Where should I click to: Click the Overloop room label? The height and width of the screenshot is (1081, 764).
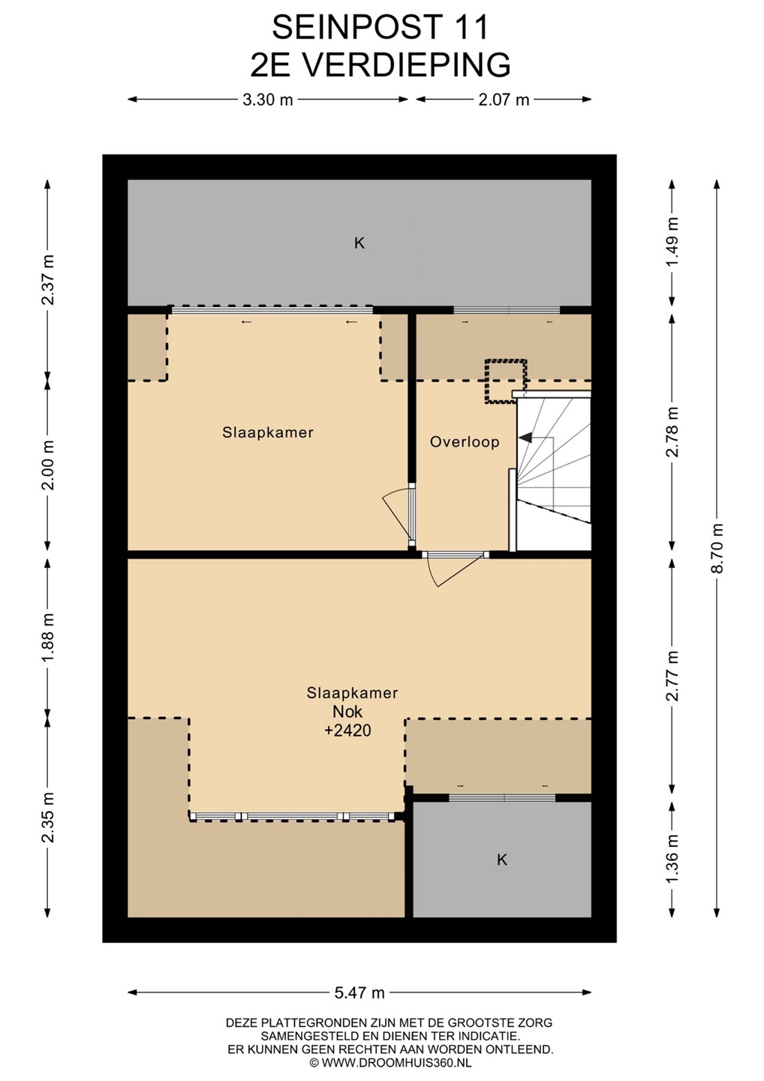point(465,442)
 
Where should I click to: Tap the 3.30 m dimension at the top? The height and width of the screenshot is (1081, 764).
point(268,100)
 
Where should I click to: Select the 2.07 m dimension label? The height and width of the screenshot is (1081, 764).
point(504,100)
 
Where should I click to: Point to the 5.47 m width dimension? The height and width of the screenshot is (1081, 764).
point(359,992)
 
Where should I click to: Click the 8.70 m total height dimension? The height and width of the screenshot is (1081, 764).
point(717,548)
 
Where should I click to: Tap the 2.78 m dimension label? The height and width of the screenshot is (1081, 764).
point(672,432)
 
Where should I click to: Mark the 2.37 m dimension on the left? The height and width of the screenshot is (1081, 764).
point(47,280)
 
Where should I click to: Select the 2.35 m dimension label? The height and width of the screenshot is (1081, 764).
point(47,818)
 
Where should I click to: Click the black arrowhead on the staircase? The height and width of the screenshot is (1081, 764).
point(526,437)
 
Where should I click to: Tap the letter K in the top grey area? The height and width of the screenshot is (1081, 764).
point(359,243)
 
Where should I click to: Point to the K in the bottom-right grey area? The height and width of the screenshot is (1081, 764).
point(502,860)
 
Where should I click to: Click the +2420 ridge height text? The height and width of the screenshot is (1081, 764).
point(347,730)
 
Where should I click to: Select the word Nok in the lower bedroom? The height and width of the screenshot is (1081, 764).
point(347,712)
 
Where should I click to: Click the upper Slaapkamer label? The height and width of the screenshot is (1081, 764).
point(268,432)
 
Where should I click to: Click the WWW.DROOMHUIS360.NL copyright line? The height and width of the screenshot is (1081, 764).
point(390,1062)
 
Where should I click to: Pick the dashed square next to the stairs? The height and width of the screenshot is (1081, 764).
point(506,381)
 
